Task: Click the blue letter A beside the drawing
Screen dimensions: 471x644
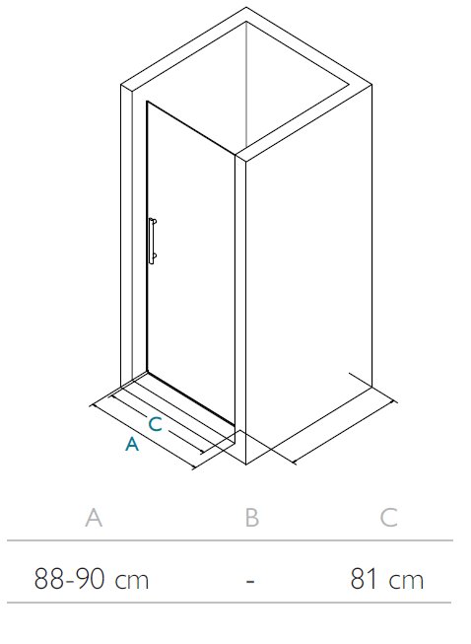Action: (132, 445)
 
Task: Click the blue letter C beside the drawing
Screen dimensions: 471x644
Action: (155, 424)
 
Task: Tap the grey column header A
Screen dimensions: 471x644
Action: (94, 518)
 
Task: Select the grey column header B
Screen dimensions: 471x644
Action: (252, 518)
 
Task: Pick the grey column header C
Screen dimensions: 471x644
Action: (388, 518)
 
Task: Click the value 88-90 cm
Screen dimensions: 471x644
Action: (92, 579)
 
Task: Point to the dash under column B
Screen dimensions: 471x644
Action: (250, 581)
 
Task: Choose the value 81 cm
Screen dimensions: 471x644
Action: (387, 579)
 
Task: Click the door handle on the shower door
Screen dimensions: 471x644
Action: (152, 241)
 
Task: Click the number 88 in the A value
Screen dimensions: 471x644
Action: (49, 579)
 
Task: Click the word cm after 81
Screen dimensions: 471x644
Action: (406, 581)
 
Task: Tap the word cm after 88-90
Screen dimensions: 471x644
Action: (132, 581)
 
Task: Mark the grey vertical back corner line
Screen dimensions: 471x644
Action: (246, 85)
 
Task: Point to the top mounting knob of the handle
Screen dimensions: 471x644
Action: (154, 222)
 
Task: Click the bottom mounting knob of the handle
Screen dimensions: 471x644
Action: (154, 257)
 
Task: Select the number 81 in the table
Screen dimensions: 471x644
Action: (364, 579)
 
